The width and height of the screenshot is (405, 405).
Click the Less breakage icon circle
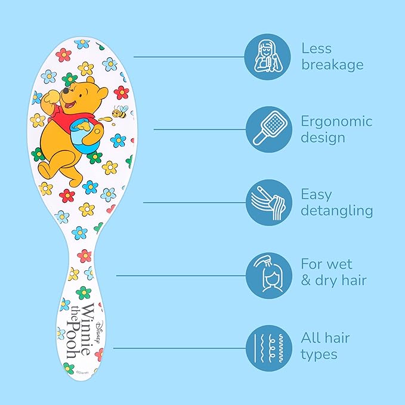point(268,57)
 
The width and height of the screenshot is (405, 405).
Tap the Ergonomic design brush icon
point(268,129)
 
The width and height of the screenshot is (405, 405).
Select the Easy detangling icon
point(268,202)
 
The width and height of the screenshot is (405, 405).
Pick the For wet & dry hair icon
point(268,275)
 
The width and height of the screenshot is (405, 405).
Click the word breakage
point(332,65)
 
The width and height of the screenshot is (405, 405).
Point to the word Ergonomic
point(336,122)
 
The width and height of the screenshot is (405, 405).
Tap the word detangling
point(336,211)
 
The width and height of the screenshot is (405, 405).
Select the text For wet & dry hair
point(333,272)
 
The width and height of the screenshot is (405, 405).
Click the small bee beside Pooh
point(120,112)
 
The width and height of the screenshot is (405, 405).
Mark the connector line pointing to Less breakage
point(188,57)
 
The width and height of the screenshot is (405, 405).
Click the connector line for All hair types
point(179,348)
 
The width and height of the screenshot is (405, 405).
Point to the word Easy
point(316,194)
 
